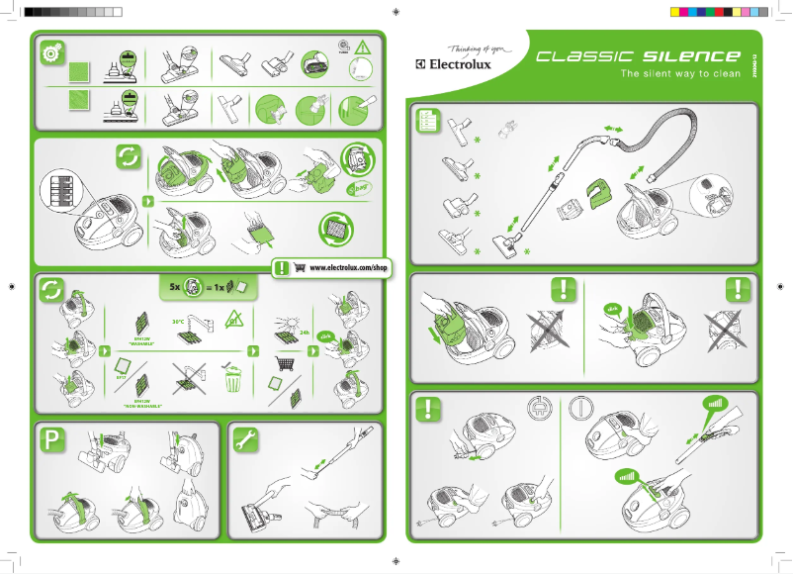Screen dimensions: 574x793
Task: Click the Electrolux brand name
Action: tap(457, 66)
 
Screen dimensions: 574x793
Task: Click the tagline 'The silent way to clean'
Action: tap(678, 74)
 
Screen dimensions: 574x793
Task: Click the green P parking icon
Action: tap(51, 438)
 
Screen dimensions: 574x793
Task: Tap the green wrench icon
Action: tap(243, 438)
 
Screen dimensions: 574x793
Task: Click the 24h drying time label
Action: tap(305, 333)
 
